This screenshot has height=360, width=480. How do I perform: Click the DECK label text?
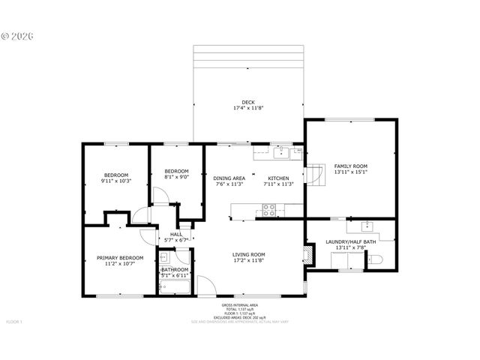[x=247, y=103]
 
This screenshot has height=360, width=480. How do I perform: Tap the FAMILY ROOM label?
[x=350, y=166]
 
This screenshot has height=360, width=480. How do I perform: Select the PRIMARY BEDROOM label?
[x=120, y=257]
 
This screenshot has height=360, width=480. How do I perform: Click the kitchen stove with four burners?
[x=266, y=211]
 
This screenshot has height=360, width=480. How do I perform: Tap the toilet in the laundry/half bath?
[x=375, y=259]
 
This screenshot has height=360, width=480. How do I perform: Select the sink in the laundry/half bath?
[x=367, y=226]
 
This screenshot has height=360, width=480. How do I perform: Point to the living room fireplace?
[x=305, y=254]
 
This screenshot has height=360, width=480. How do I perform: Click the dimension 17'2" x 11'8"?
[x=247, y=262]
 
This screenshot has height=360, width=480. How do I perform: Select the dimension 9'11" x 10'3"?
[x=116, y=181]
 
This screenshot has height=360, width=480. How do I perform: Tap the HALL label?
[x=175, y=235]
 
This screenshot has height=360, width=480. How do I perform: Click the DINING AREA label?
[x=229, y=178]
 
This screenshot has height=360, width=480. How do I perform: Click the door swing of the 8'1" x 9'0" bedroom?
[x=161, y=196]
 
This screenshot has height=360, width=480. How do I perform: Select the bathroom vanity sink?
[x=165, y=257]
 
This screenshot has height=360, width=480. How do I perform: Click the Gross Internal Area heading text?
[x=240, y=305]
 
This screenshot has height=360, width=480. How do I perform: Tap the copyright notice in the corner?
[x=19, y=35]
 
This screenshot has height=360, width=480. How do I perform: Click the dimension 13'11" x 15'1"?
[x=350, y=172]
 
